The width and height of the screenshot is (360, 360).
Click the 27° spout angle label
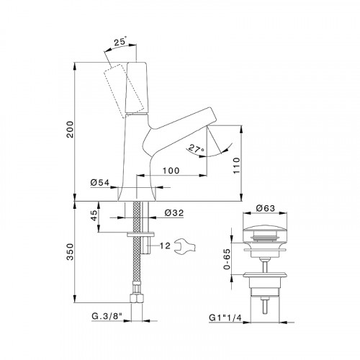coord(196,149)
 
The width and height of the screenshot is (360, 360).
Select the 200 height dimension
coord(70,129)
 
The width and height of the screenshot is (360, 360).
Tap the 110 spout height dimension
coord(236,166)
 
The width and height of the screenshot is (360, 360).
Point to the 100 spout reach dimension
coord(171,171)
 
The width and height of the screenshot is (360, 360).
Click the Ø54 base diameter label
coord(100,183)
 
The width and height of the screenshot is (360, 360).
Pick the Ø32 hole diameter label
coord(174,212)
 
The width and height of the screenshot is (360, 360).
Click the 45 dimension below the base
coord(94,215)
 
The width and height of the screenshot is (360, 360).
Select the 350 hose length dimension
coord(70,252)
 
